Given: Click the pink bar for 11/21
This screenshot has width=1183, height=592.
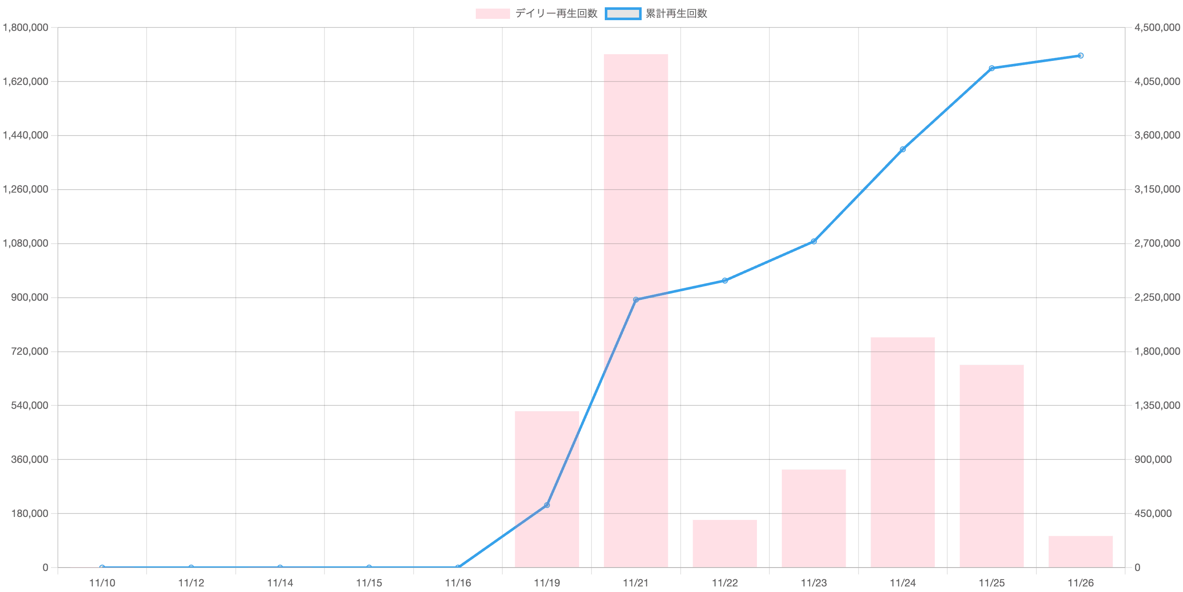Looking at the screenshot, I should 636,310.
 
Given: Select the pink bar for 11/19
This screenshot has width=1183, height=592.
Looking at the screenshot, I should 546,489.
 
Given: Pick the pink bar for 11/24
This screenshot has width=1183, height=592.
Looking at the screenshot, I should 902,452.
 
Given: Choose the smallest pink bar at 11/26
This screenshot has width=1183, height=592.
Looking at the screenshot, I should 1080,551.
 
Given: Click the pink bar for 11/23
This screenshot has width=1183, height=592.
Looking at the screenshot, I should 814,518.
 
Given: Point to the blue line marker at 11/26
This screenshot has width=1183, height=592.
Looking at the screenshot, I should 1081,56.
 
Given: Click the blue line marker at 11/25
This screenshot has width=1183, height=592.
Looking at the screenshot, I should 991,68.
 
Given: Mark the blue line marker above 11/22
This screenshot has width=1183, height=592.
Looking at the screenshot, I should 725,281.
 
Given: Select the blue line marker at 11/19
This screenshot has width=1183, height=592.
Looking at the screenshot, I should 546,505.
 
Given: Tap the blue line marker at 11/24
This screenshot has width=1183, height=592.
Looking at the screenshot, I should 902,149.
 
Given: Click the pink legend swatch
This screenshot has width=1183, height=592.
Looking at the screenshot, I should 492,14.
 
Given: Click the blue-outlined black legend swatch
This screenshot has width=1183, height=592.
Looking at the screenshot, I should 623,14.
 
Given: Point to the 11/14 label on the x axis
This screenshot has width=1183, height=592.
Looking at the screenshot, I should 279,583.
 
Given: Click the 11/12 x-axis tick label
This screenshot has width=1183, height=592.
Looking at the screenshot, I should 191,583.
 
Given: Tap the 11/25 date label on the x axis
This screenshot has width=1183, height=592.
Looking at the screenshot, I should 991,583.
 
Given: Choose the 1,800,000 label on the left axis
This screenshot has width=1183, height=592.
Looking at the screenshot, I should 25,28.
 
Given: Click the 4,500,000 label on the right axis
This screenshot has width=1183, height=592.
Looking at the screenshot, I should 1157,28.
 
